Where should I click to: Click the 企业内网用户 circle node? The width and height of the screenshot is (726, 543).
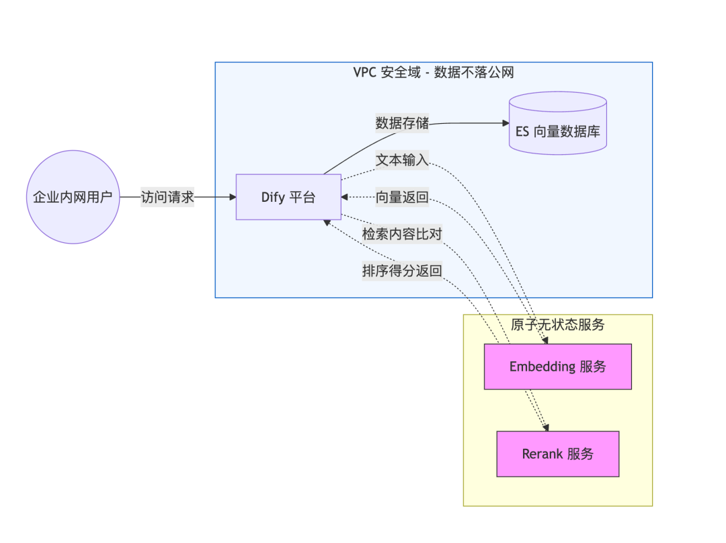tap(73, 197)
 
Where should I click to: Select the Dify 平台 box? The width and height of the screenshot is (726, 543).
tap(288, 197)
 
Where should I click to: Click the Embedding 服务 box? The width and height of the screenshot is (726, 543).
tap(557, 367)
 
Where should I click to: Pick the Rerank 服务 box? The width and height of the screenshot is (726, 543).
tap(557, 454)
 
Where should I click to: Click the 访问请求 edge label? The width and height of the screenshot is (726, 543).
tap(167, 197)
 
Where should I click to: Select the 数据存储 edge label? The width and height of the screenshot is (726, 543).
tap(402, 123)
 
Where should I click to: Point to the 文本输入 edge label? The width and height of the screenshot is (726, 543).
tap(402, 161)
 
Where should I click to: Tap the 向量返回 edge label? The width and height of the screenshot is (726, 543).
tap(402, 197)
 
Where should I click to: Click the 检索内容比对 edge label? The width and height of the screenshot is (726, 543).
tap(402, 234)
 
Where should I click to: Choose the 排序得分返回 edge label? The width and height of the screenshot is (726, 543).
tap(402, 271)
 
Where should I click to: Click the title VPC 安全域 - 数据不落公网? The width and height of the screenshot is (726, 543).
tap(434, 73)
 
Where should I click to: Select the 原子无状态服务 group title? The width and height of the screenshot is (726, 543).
tap(557, 325)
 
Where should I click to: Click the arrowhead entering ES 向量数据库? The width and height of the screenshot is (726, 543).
tap(505, 123)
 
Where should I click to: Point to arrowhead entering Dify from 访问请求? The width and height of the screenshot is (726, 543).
tap(233, 197)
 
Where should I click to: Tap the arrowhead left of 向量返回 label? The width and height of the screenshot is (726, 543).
tap(345, 197)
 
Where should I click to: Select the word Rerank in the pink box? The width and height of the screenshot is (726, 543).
tap(542, 454)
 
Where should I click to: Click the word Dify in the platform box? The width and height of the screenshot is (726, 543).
tap(273, 197)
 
